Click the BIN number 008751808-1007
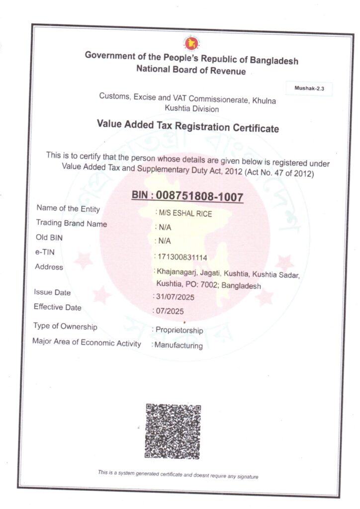pos(199,196)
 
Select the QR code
pos(173,430)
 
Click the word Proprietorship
pos(179,331)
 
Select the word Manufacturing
pos(179,345)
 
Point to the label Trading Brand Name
pos(72,224)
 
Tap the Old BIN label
pos(50,238)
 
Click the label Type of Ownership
pos(65,327)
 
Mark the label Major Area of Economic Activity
pos(87,342)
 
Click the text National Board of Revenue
pos(191,71)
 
